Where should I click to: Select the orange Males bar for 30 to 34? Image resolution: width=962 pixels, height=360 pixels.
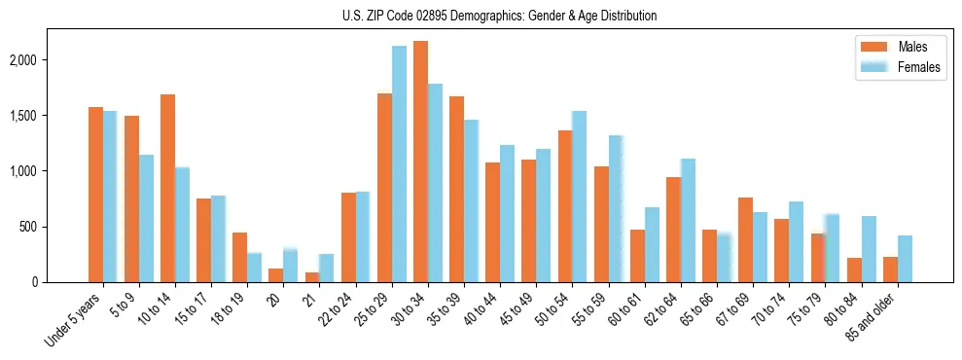(420, 162)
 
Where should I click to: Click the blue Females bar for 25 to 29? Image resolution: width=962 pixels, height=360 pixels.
(399, 163)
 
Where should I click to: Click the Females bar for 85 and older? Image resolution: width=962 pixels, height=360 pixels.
(905, 259)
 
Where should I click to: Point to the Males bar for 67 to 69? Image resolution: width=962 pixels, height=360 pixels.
(745, 239)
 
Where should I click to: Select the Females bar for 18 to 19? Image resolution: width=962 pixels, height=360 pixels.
(254, 268)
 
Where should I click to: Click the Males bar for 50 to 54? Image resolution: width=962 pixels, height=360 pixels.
(565, 206)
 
